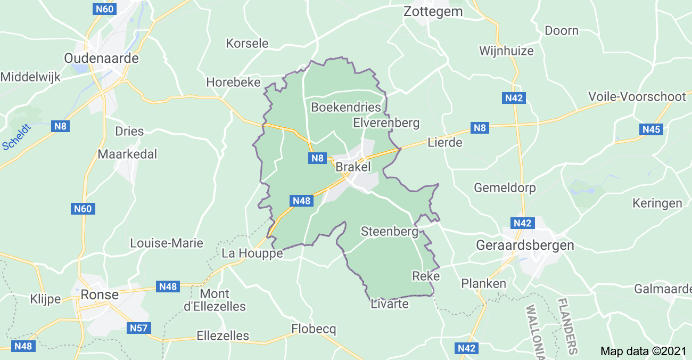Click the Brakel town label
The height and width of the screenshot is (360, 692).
click(353, 167)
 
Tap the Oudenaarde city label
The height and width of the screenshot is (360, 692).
click(101, 58)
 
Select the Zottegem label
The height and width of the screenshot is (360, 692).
click(433, 11)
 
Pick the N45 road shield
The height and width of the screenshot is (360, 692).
click(652, 129)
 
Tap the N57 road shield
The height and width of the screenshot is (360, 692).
click(139, 328)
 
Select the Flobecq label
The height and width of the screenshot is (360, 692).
click(314, 329)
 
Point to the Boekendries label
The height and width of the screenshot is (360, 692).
click(346, 107)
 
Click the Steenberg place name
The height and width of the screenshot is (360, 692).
click(389, 232)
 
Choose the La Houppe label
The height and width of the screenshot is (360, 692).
click(252, 253)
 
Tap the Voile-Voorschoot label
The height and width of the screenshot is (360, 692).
click(637, 96)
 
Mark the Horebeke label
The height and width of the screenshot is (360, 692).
click(233, 82)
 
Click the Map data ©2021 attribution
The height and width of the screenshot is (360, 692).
click(643, 351)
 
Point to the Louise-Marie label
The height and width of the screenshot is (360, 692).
click(167, 243)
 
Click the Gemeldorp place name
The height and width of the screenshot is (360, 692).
click(505, 188)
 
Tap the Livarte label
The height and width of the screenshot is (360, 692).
click(390, 304)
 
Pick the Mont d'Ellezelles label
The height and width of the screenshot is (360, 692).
click(222, 300)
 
